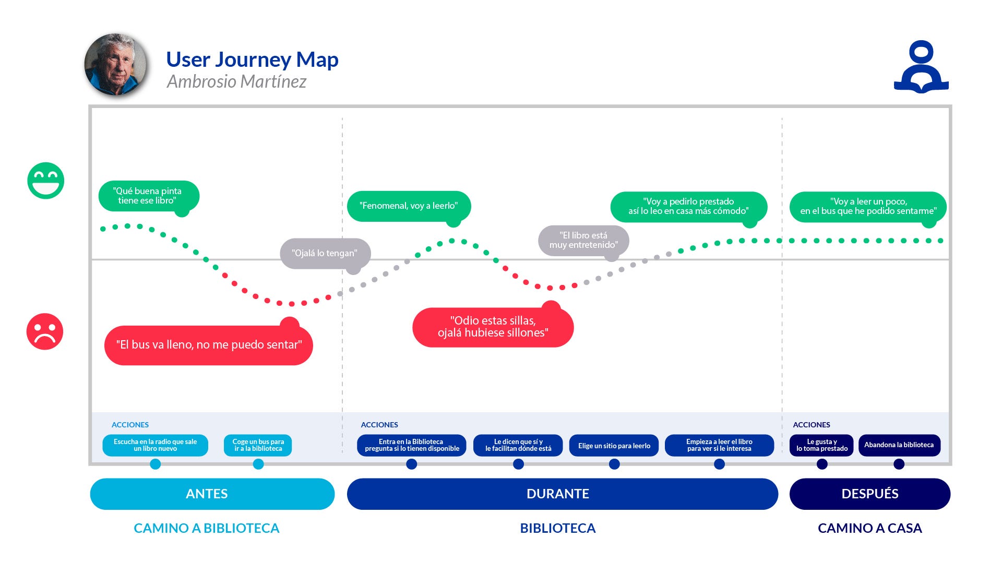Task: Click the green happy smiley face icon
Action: tap(46, 181)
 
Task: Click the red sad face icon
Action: tap(45, 331)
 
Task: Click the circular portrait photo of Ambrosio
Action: tap(116, 65)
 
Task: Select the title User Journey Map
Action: tap(252, 59)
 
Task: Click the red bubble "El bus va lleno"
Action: tap(209, 345)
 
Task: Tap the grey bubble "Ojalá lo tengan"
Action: tap(325, 254)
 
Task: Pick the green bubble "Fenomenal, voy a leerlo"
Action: tap(409, 206)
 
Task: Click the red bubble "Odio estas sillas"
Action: tap(493, 327)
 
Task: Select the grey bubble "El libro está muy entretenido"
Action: tap(583, 241)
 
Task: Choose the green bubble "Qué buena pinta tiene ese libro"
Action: tap(148, 196)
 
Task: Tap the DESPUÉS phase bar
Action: tap(869, 494)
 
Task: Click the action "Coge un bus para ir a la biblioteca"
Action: tap(258, 445)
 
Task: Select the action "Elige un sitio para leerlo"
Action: tap(614, 446)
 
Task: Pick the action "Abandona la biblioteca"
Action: tap(899, 445)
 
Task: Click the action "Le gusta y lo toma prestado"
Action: tap(821, 445)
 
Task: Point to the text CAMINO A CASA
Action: tap(869, 528)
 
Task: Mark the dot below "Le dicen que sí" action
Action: tap(518, 464)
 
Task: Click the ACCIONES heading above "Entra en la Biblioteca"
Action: tap(379, 425)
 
